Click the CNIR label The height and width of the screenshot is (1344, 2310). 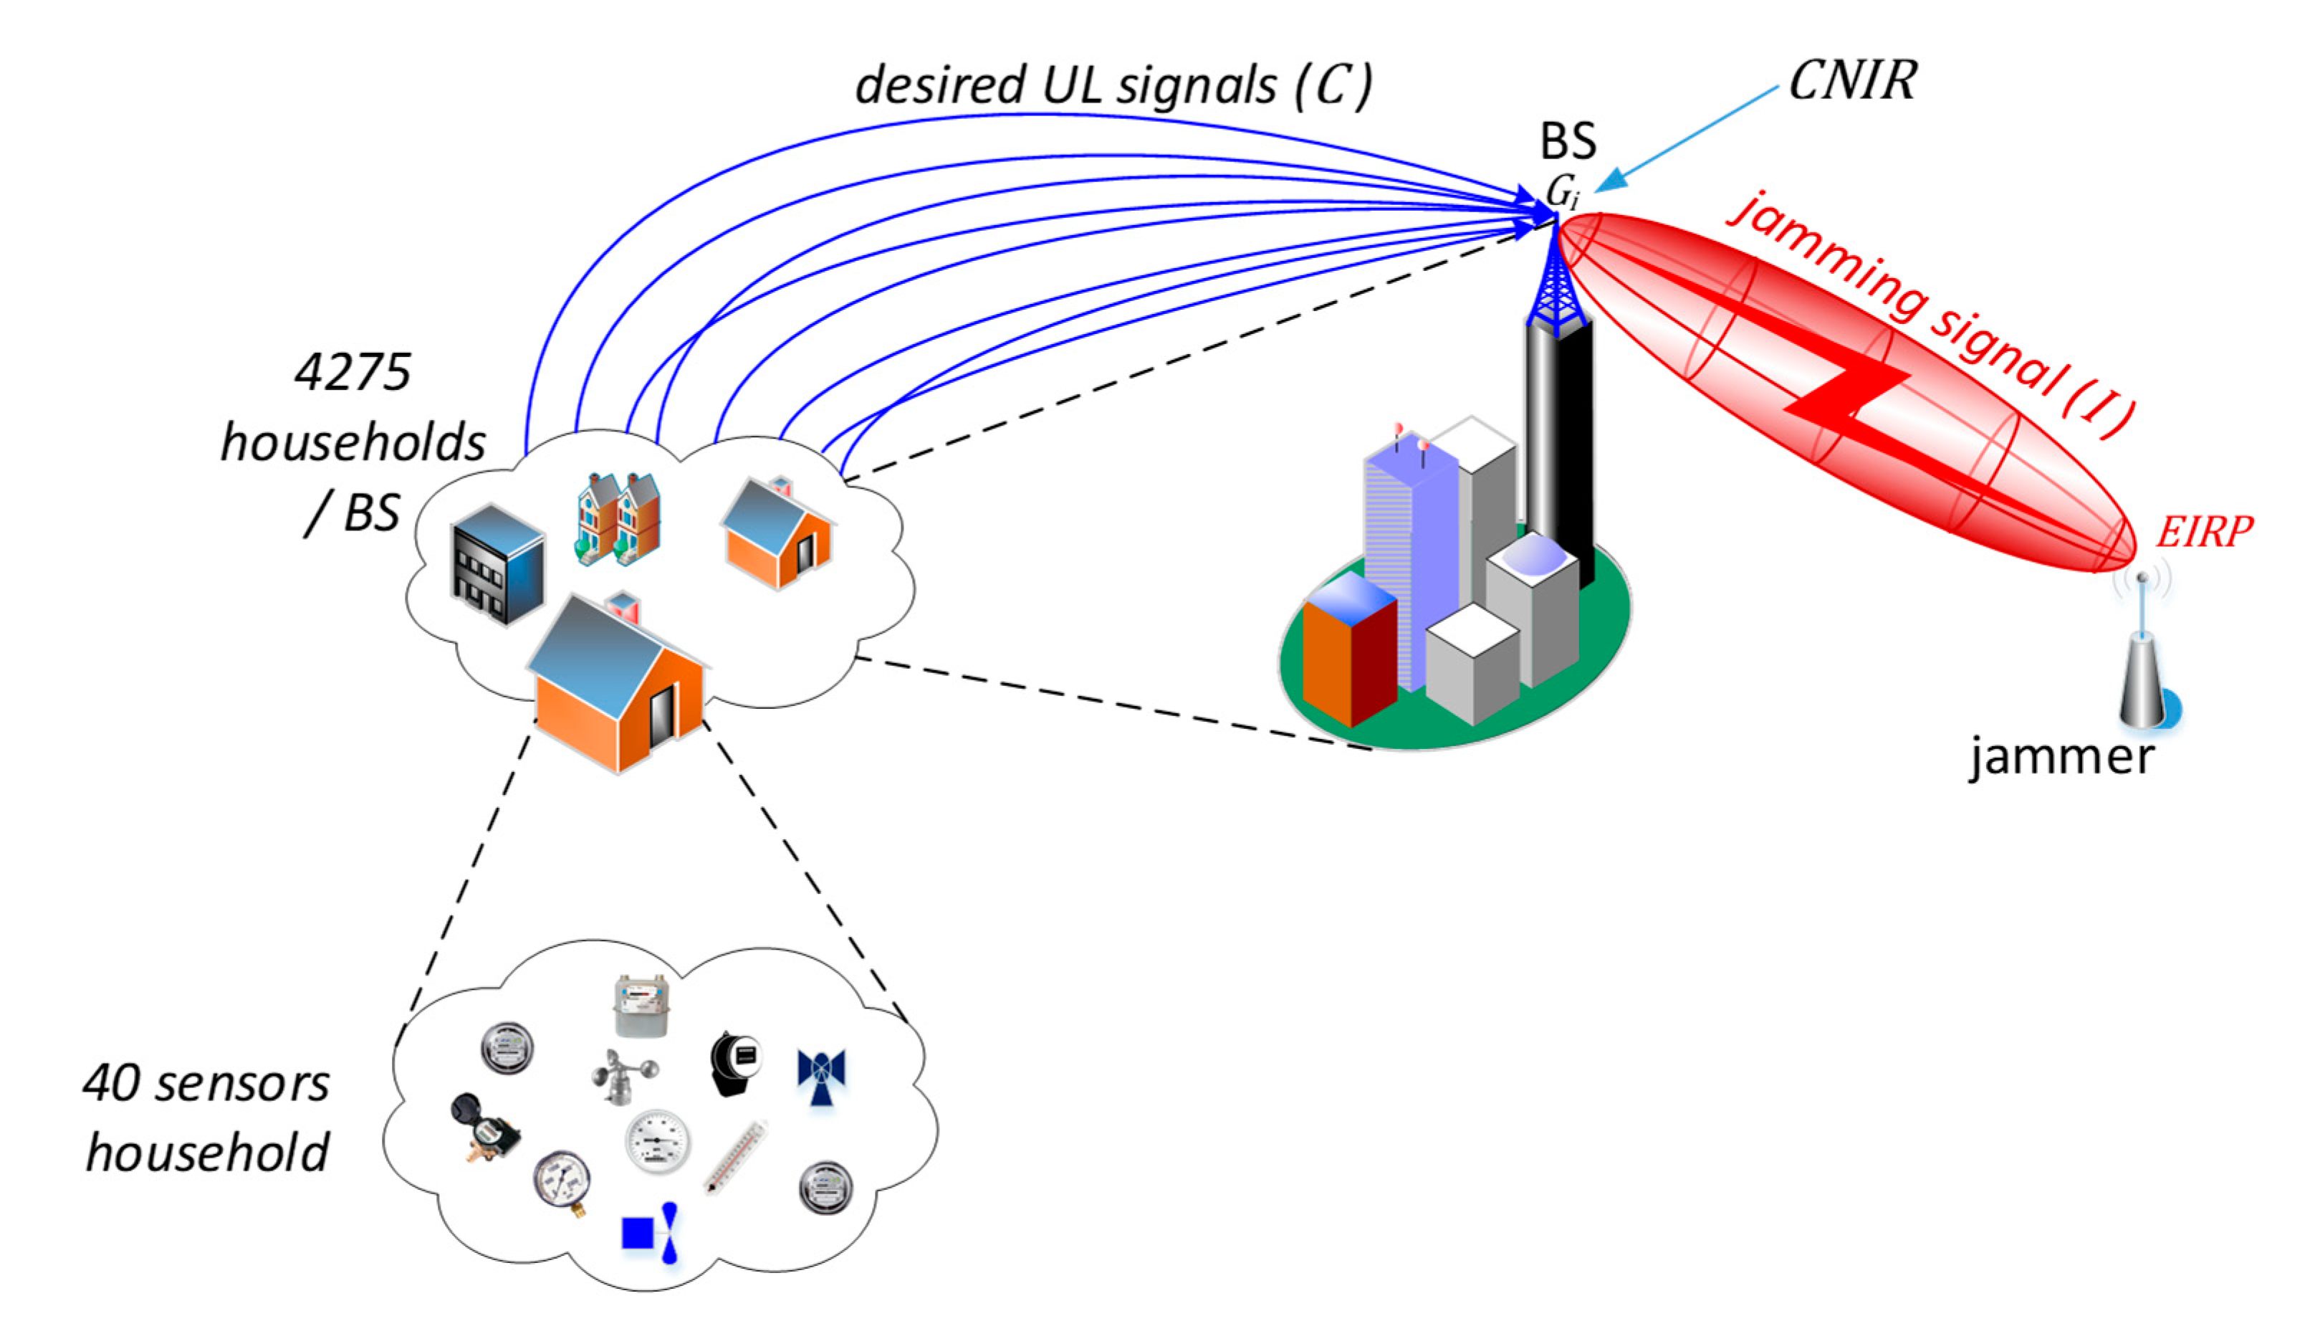(x=1851, y=81)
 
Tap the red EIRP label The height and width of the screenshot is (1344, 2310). (x=2203, y=533)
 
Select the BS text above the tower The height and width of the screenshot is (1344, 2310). (x=1568, y=142)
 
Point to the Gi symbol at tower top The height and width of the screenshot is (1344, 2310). (x=1562, y=191)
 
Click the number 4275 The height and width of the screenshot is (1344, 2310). (x=353, y=373)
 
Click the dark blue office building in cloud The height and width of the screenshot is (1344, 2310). (x=498, y=564)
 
